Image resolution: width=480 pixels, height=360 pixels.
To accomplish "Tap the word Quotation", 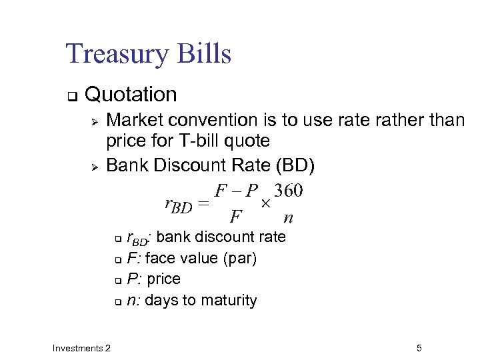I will click(x=131, y=95).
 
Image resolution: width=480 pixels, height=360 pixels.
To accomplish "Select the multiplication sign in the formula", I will click(x=264, y=201).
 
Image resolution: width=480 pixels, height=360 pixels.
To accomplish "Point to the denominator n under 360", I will click(x=288, y=217).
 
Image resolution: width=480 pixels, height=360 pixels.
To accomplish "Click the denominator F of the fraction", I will click(x=235, y=217).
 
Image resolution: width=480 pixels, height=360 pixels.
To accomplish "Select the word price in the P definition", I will click(x=163, y=279).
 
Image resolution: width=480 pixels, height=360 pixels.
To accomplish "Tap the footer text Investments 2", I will click(x=82, y=347).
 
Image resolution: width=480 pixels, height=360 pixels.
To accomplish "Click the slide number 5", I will click(x=419, y=347).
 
